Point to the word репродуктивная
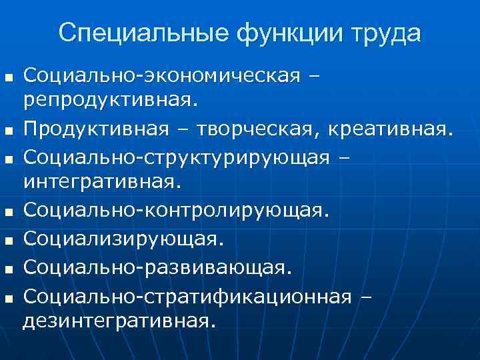pyautogui.click(x=111, y=101)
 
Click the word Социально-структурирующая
pyautogui.click(x=177, y=156)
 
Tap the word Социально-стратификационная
pyautogui.click(x=187, y=295)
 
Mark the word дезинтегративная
pyautogui.click(x=120, y=320)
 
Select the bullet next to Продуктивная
pyautogui.click(x=8, y=129)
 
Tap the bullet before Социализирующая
pyautogui.click(x=8, y=239)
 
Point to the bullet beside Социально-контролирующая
pyautogui.click(x=8, y=212)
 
